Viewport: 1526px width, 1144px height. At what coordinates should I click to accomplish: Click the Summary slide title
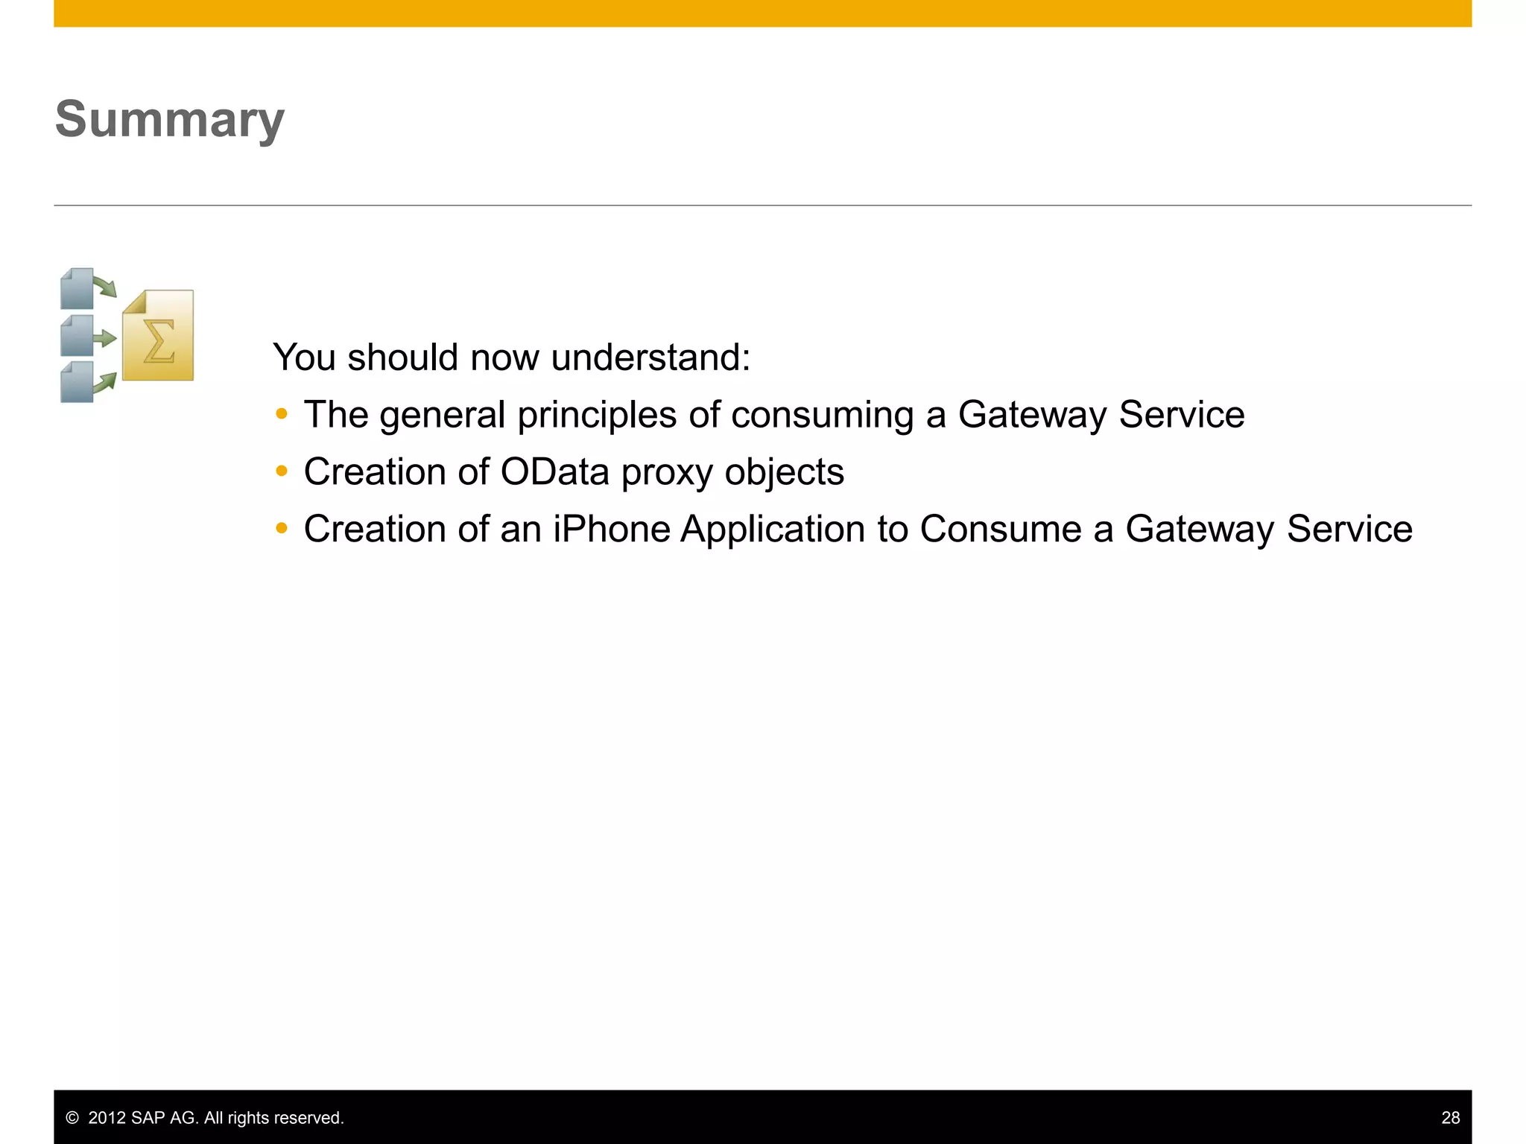pyautogui.click(x=170, y=120)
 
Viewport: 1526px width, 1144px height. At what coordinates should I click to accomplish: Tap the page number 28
pyautogui.click(x=1450, y=1118)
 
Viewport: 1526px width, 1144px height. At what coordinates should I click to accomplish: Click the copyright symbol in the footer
pyautogui.click(x=72, y=1118)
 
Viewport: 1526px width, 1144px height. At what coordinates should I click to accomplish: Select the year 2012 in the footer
pyautogui.click(x=107, y=1118)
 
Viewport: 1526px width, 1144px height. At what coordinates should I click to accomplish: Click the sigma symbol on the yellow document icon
pyautogui.click(x=158, y=341)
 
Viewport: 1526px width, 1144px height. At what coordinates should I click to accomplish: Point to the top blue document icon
pyautogui.click(x=77, y=289)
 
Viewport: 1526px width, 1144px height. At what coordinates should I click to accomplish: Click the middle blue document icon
pyautogui.click(x=77, y=336)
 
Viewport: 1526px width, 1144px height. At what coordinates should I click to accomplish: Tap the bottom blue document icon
pyautogui.click(x=77, y=383)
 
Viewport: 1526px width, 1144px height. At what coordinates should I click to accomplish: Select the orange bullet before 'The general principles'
pyautogui.click(x=281, y=414)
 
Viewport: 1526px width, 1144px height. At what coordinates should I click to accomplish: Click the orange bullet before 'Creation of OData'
pyautogui.click(x=281, y=471)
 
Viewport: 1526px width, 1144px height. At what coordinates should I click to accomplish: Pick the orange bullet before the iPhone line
pyautogui.click(x=281, y=529)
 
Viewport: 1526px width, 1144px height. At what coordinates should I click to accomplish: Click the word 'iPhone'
pyautogui.click(x=611, y=530)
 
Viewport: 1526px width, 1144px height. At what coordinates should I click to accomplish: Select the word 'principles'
pyautogui.click(x=597, y=416)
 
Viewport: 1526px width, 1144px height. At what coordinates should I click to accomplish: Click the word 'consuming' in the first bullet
pyautogui.click(x=822, y=416)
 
